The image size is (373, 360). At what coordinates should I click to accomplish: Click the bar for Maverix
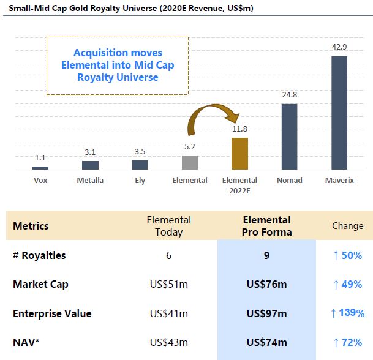(x=339, y=113)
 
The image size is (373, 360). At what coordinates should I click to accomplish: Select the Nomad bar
(x=289, y=137)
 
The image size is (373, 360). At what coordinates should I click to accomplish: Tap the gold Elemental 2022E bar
(x=239, y=153)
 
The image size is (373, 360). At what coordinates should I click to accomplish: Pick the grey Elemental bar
(x=190, y=162)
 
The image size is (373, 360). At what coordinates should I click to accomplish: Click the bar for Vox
(x=40, y=168)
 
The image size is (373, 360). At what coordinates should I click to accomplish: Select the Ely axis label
(x=140, y=180)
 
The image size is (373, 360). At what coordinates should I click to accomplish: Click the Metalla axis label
(x=90, y=180)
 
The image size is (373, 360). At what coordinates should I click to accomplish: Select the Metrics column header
(x=31, y=226)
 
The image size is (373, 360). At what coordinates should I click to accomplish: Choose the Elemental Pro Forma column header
(x=266, y=226)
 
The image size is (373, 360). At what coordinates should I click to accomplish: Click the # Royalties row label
(x=39, y=255)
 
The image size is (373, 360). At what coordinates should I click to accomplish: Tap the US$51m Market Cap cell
(x=168, y=284)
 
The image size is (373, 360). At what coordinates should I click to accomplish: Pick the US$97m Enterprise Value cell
(x=266, y=313)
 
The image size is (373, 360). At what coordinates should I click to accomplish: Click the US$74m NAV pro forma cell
(x=266, y=342)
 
